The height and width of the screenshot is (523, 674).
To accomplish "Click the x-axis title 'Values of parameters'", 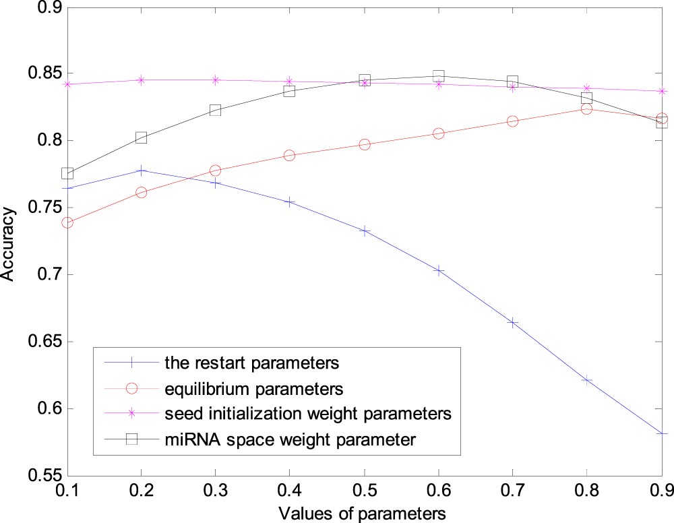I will [x=365, y=513].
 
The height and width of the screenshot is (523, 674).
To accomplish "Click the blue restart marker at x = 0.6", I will [x=439, y=270].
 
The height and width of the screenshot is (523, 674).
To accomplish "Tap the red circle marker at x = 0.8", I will [x=586, y=109].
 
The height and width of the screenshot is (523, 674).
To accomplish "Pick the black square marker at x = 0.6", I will [x=439, y=75].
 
